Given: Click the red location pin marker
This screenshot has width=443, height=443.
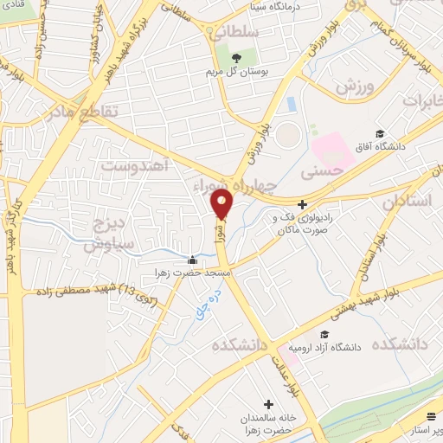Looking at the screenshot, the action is coord(222,204).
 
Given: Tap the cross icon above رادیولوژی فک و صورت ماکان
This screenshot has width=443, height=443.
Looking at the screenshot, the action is coord(301,204).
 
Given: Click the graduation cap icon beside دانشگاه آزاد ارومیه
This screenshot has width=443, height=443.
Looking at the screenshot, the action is coord(324,335).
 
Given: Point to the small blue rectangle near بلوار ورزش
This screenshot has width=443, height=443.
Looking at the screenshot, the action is coord(291,105).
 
